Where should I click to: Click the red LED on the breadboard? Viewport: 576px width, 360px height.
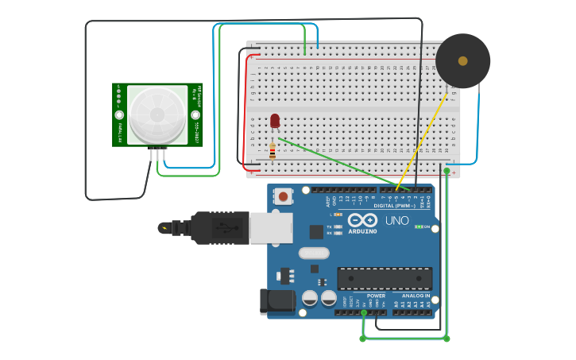275,121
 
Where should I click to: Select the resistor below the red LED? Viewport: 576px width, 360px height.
273,151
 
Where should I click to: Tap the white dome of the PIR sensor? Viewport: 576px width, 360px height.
157,114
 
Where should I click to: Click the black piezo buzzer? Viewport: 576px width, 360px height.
462,61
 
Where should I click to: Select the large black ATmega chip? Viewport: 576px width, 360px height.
385,278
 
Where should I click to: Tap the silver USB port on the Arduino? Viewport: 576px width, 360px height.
270,228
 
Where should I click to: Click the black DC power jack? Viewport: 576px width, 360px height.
277,300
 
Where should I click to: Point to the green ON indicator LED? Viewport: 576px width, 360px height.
418,226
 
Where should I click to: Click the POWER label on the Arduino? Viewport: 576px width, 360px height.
376,296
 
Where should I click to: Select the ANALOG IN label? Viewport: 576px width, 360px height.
416,296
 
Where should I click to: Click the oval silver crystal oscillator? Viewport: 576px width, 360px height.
314,253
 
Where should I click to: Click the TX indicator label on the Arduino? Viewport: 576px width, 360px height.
329,226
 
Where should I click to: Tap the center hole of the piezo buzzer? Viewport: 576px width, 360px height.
462,60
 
